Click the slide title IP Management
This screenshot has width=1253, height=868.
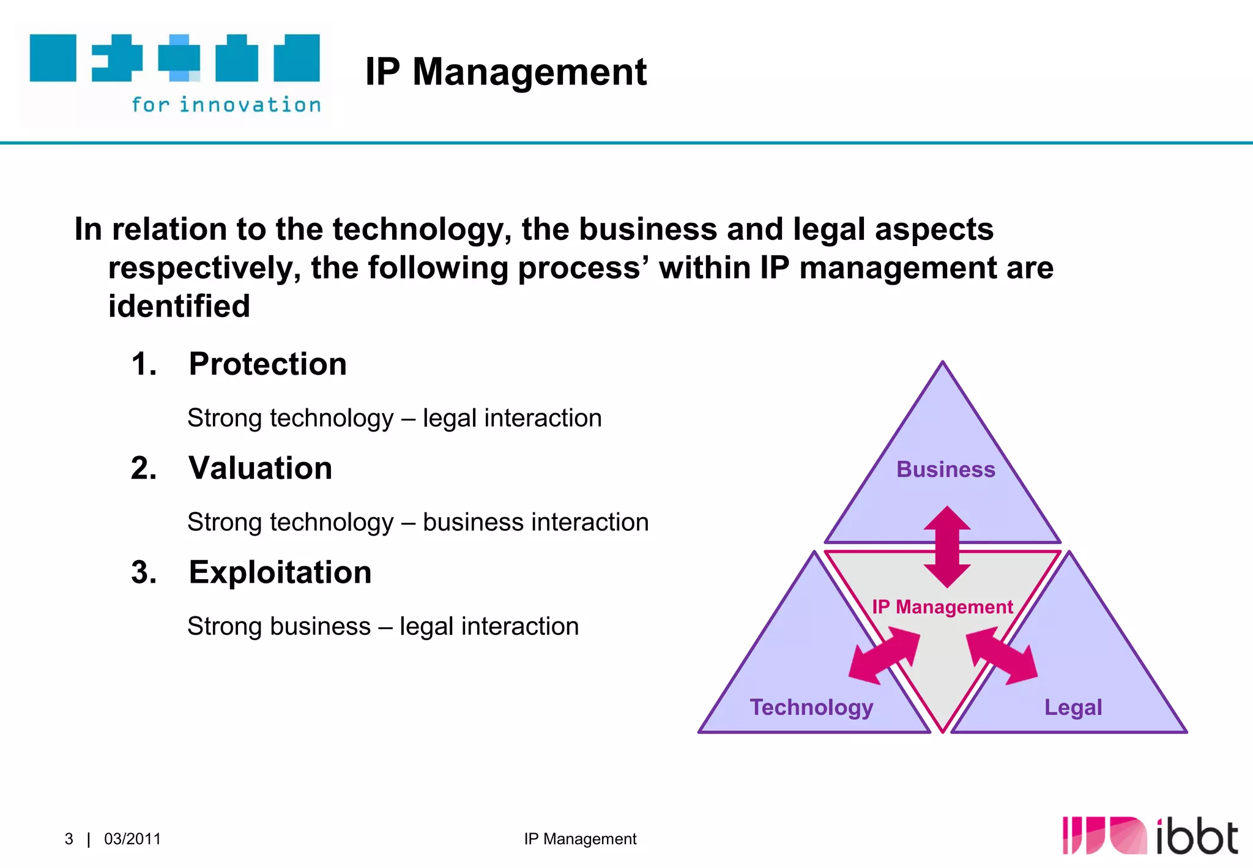(x=505, y=72)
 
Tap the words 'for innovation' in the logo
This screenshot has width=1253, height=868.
(x=226, y=105)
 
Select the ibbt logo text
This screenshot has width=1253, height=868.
(x=1196, y=836)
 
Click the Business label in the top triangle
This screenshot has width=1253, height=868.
(x=945, y=470)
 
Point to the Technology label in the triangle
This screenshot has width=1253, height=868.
(x=811, y=707)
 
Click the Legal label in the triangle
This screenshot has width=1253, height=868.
(x=1073, y=707)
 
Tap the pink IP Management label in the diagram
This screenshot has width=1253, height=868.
(x=942, y=607)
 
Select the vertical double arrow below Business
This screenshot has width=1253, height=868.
(x=947, y=547)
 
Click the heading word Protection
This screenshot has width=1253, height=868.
(x=267, y=364)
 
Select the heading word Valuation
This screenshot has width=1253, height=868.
(x=260, y=468)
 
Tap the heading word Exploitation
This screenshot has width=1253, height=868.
(x=280, y=572)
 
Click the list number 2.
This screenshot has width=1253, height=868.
(x=144, y=468)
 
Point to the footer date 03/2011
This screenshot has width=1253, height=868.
(x=132, y=839)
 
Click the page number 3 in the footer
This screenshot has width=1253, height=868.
(x=69, y=839)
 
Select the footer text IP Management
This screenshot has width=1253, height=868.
(x=579, y=839)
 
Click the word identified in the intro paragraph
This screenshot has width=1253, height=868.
(x=179, y=306)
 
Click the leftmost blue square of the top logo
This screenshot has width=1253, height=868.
(x=53, y=58)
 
